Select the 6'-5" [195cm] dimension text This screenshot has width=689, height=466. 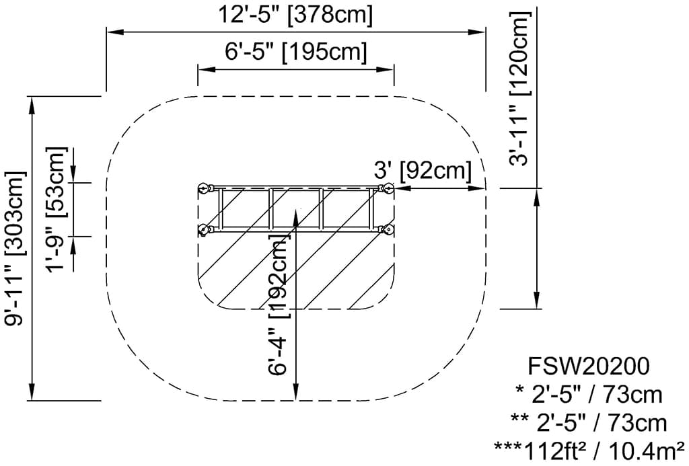(296, 52)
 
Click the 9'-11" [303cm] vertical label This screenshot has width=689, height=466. (15, 248)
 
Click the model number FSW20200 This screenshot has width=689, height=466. (589, 367)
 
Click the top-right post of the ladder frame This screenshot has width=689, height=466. (387, 189)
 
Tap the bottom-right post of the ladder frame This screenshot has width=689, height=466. (388, 231)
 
